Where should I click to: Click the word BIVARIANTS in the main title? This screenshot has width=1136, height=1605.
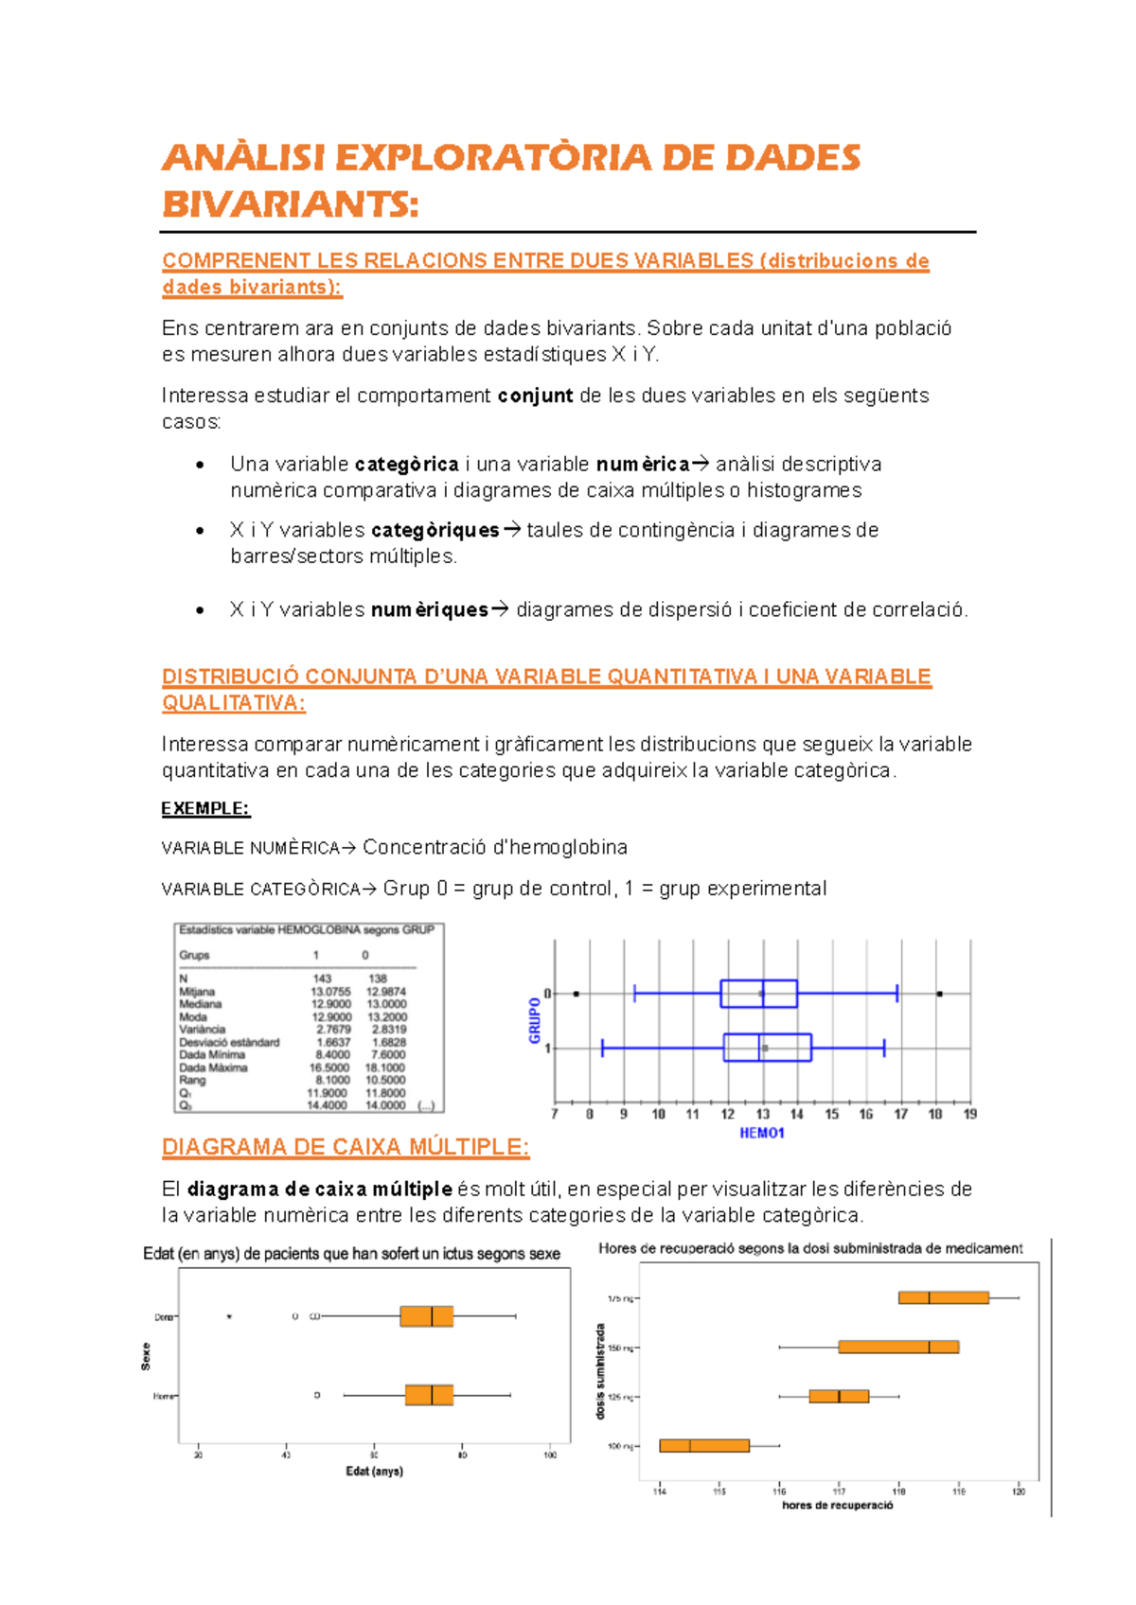coord(290,203)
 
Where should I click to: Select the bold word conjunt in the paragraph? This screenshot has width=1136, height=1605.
coord(535,396)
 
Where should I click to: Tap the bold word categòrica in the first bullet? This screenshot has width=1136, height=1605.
coord(407,465)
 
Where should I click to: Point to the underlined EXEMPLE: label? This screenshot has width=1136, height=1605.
coord(205,808)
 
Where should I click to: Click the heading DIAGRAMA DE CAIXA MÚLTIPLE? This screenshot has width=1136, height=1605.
coord(346,1147)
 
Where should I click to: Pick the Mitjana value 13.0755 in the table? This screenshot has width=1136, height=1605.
coord(330,992)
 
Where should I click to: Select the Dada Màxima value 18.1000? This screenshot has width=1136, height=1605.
coord(385,1067)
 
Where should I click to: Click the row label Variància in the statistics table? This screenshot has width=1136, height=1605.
coord(203,1030)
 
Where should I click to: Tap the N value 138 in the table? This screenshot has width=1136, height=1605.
coord(378,979)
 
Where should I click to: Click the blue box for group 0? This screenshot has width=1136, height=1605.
coord(758,994)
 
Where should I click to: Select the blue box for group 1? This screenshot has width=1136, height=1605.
coord(767,1048)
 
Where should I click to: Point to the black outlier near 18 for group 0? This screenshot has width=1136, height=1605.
coord(939,994)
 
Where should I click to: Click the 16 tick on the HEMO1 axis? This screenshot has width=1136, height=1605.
coord(866,1115)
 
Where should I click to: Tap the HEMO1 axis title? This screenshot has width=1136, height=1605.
coord(762,1134)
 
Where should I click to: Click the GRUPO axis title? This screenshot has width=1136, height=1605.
coord(535,1020)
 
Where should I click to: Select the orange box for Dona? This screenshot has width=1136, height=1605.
coord(426,1316)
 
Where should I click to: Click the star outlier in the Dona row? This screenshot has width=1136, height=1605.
coord(229,1316)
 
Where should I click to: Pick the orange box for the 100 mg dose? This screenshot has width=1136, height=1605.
coord(704,1445)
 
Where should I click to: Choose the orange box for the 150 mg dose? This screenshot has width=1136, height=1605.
coord(898,1347)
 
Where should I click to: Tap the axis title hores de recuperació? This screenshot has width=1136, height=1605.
coord(838,1506)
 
